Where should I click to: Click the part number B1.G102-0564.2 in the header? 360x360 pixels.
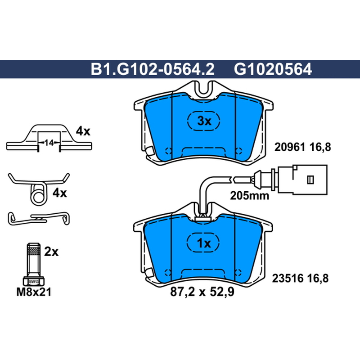tap(153, 69)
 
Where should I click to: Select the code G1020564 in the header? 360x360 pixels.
tap(273, 69)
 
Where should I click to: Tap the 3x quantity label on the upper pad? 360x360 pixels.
tap(204, 121)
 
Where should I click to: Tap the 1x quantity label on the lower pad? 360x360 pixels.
tap(204, 243)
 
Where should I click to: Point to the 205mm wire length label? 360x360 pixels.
tap(249, 196)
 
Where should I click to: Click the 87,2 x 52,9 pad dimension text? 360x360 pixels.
tap(202, 292)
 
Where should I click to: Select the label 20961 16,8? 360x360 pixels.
tap(302, 147)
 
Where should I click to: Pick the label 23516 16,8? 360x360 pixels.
tap(300, 278)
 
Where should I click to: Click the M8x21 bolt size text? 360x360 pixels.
tap(34, 292)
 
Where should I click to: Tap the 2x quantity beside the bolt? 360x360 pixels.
tap(51, 252)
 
